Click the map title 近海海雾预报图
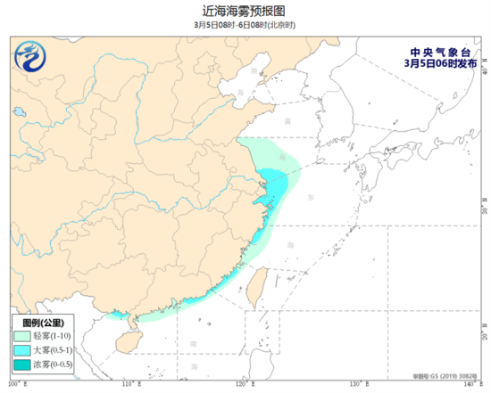coord(245,11)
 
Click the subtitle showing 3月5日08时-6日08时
coord(245,25)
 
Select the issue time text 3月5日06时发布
coord(434,63)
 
